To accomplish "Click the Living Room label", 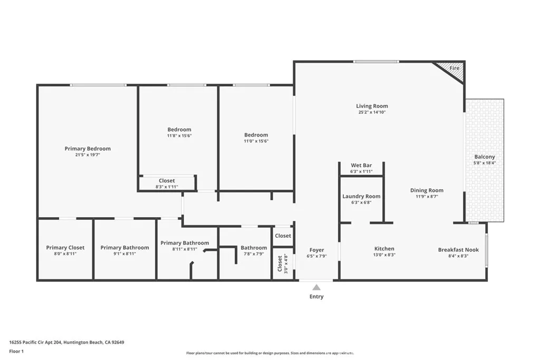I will (372, 106).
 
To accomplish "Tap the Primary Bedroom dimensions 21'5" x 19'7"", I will (88, 155).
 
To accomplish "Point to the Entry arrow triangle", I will (316, 287).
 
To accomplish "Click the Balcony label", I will (485, 157).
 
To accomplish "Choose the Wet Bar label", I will (361, 166).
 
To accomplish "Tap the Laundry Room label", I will (361, 196).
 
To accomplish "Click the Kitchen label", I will (384, 249).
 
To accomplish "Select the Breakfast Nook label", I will (458, 249).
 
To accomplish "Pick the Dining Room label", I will (427, 190).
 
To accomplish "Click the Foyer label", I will (316, 250).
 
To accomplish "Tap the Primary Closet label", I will (65, 247).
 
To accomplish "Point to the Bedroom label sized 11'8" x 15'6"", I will (179, 129).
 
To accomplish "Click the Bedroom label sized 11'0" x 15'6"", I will (256, 134).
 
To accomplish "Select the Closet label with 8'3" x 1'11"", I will (167, 181).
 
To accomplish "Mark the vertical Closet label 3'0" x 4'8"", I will (279, 264).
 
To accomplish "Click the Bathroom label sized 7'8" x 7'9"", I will (254, 248).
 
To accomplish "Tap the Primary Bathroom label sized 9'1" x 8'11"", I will (125, 247).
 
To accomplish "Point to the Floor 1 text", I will (16, 351).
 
